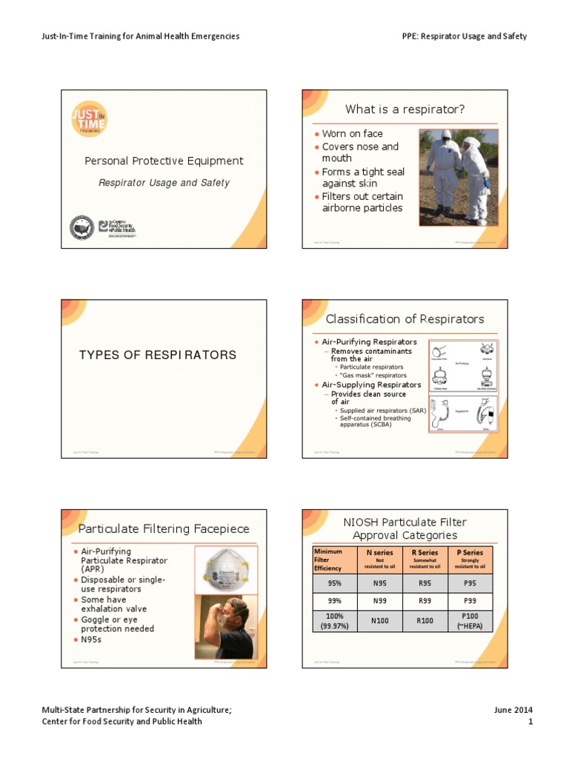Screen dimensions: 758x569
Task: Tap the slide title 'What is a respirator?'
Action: click(x=405, y=110)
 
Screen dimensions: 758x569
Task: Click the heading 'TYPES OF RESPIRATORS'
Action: click(x=158, y=355)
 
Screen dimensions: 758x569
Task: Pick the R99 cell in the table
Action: click(x=425, y=601)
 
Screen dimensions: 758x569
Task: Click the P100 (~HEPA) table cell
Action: click(x=470, y=622)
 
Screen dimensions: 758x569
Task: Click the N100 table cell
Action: click(x=380, y=622)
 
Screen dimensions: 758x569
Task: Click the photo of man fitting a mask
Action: click(x=225, y=628)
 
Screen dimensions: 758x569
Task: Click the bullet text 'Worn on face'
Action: click(x=353, y=134)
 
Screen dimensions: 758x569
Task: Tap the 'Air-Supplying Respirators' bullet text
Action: click(x=371, y=385)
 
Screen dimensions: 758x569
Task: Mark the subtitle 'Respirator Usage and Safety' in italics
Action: click(x=164, y=183)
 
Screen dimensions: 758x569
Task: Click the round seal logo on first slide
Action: click(x=81, y=227)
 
